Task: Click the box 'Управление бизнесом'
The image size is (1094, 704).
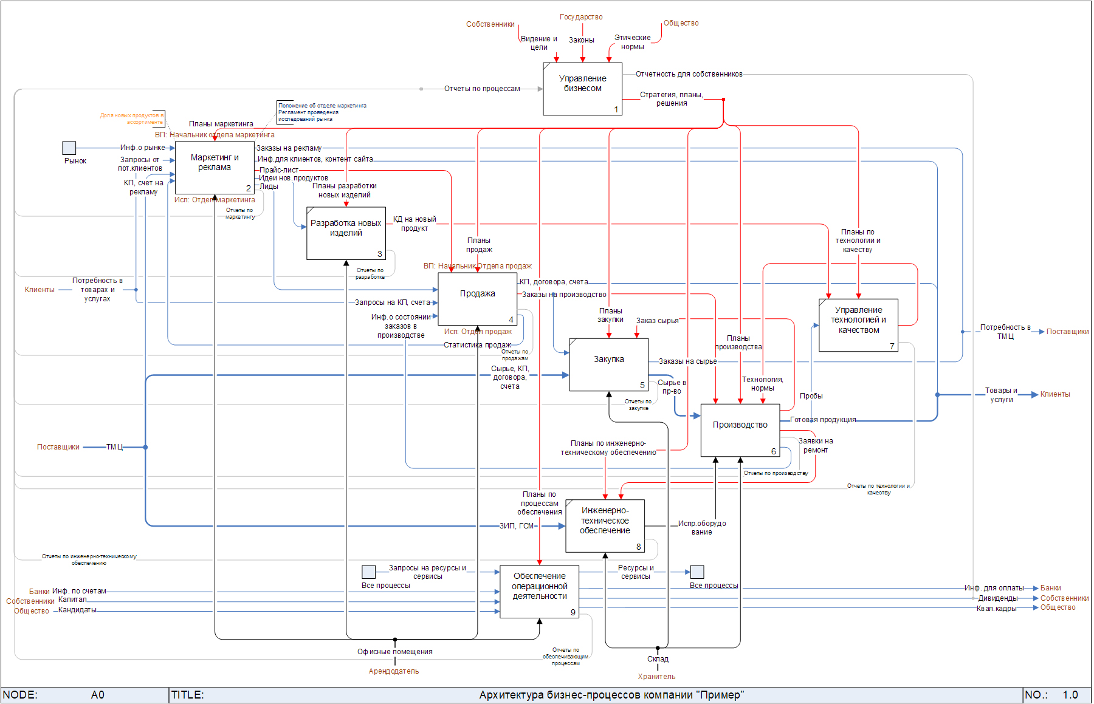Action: [582, 89]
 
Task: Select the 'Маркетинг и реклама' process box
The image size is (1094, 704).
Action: [215, 168]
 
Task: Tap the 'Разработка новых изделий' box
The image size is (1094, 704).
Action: [346, 233]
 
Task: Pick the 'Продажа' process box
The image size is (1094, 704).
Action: [477, 299]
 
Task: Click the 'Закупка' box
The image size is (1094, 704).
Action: [609, 364]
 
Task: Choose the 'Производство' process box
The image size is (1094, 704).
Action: [740, 430]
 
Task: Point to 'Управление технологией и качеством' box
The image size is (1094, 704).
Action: [858, 325]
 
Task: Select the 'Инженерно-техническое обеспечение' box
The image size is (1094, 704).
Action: [605, 526]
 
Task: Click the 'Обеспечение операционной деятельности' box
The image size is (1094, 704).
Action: [539, 592]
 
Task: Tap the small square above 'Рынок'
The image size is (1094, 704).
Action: [69, 148]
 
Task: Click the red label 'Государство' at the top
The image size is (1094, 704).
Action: [581, 17]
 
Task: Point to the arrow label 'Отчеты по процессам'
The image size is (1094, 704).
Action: [482, 89]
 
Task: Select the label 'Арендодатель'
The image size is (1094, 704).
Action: [393, 671]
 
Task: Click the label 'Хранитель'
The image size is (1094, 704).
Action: [656, 677]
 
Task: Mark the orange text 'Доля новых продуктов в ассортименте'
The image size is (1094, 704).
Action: [132, 118]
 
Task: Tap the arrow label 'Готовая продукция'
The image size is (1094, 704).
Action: [823, 420]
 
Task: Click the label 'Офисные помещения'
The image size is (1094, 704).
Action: [395, 652]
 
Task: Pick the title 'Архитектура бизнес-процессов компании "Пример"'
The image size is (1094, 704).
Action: [611, 695]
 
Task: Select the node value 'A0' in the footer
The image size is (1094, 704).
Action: [97, 695]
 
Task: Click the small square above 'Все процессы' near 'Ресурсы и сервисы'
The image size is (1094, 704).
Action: [697, 572]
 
